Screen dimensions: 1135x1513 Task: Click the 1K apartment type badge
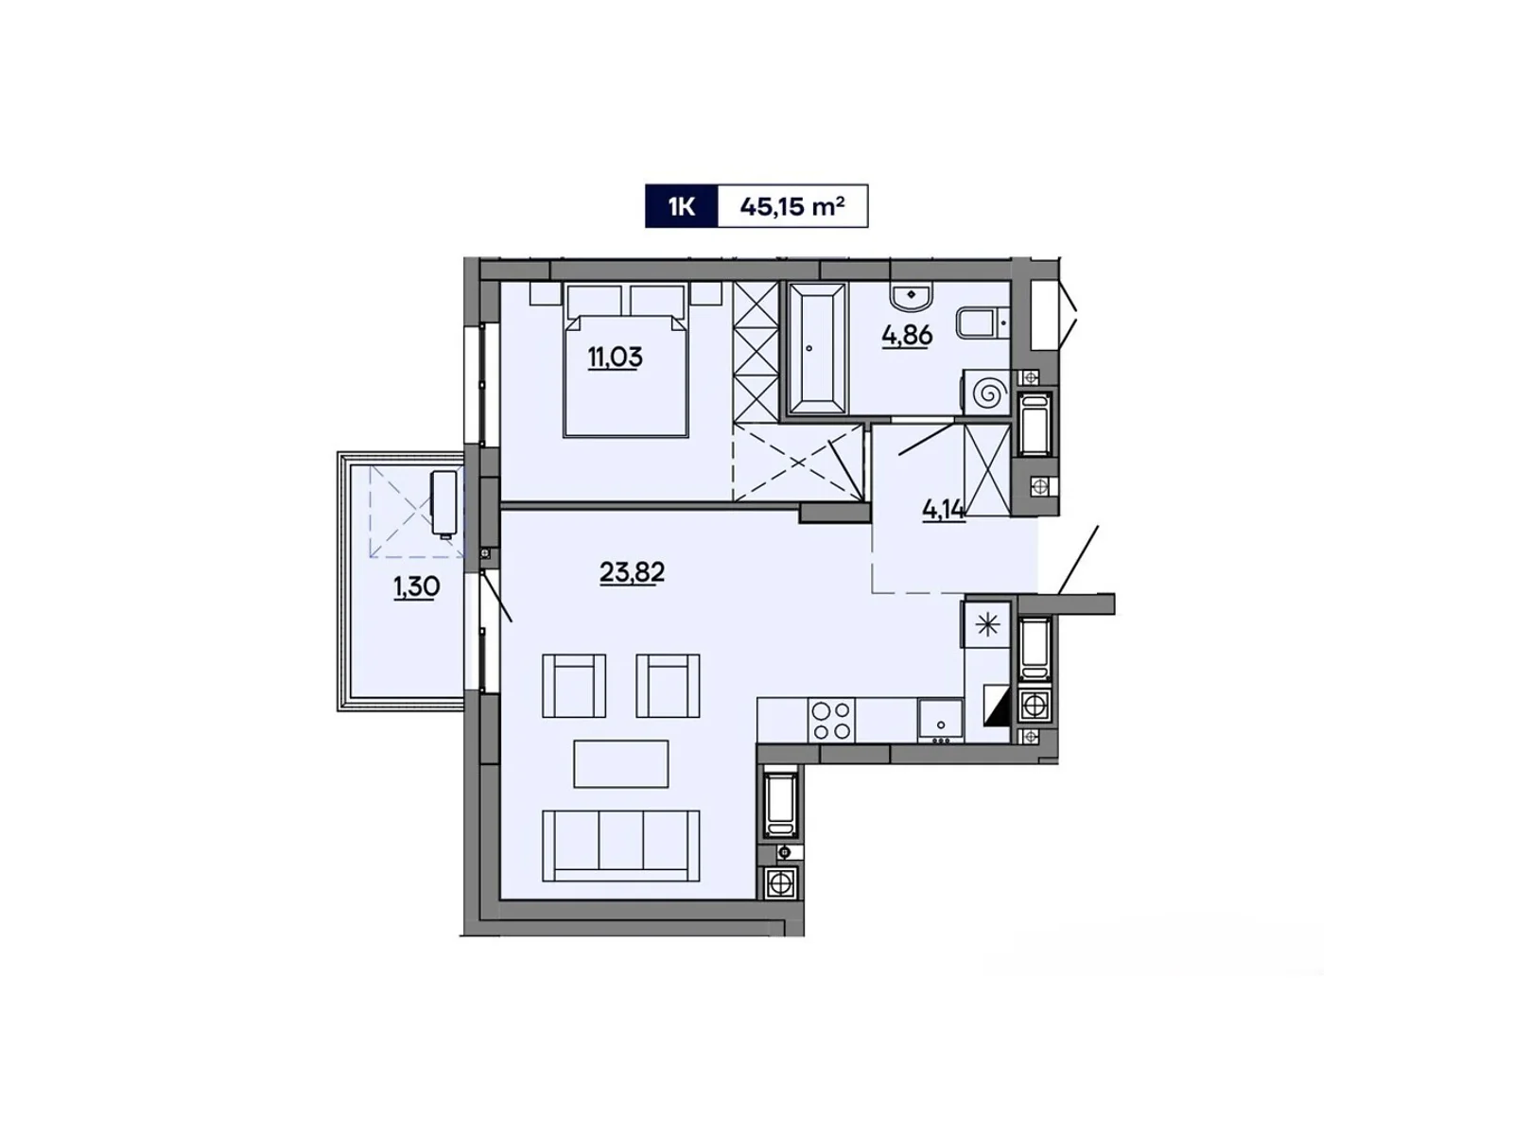coord(681,206)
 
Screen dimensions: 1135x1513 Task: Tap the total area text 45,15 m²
coord(791,206)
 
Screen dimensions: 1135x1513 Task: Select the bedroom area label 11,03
coord(615,358)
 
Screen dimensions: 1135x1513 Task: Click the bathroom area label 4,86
coord(907,335)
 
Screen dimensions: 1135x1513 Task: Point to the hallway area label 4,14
coord(943,510)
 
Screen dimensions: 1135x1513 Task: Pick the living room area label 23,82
coord(632,572)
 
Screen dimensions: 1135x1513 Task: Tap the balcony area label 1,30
coord(416,587)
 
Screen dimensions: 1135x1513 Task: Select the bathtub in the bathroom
coord(815,348)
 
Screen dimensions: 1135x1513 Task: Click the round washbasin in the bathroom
coord(912,295)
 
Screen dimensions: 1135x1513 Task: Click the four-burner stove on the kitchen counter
coord(831,721)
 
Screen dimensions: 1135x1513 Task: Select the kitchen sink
coord(940,721)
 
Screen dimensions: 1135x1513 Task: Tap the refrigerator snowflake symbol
coord(987,625)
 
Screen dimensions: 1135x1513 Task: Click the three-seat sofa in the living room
coord(620,846)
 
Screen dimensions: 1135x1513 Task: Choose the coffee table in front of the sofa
coord(620,764)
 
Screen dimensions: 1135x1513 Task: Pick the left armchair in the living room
coord(573,686)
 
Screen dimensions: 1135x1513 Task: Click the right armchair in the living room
coord(668,686)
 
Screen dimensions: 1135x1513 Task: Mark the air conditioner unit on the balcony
coord(443,502)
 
